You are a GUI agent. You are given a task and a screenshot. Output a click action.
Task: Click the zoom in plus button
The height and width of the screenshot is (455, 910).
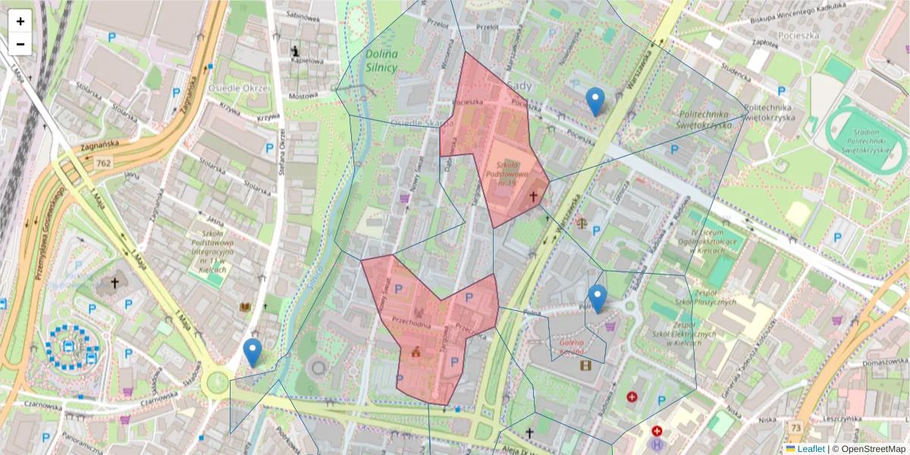pyautogui.click(x=20, y=21)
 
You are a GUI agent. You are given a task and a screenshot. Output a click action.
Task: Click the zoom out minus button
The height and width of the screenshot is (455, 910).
pyautogui.click(x=20, y=44)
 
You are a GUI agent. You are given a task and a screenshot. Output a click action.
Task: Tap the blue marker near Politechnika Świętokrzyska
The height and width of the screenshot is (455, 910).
pyautogui.click(x=595, y=101)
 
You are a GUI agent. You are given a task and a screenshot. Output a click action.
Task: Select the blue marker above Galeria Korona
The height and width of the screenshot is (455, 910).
pyautogui.click(x=598, y=298)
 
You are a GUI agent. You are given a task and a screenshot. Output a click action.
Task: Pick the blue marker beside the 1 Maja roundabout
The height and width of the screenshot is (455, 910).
pyautogui.click(x=253, y=353)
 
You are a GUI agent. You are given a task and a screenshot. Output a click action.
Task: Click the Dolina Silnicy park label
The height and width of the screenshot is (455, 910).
pyautogui.click(x=381, y=61)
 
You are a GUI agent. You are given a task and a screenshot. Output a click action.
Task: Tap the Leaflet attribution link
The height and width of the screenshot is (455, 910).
pyautogui.click(x=811, y=449)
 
